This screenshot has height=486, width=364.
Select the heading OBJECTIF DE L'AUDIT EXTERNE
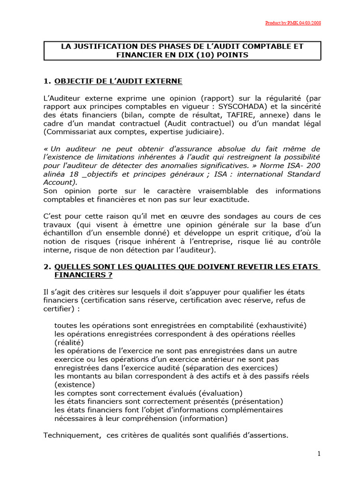coord(118,82)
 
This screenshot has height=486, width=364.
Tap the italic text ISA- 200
coord(302,166)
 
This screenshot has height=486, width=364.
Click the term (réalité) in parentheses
coord(69,342)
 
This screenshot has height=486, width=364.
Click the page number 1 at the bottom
coord(319,454)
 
